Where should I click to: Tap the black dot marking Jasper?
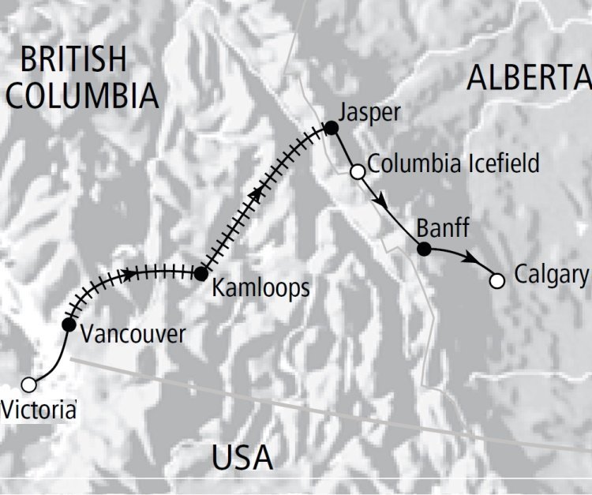tap(332, 127)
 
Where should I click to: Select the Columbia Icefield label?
tap(454, 164)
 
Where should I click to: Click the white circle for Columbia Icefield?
tap(357, 171)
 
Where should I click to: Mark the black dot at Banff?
tap(424, 249)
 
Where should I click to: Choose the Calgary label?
tap(551, 275)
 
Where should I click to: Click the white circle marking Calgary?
tap(496, 280)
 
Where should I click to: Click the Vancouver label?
tap(133, 333)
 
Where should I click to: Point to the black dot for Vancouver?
tap(68, 324)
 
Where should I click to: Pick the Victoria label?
tap(39, 410)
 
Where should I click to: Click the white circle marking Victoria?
tap(29, 385)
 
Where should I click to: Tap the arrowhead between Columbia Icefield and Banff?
tap(383, 203)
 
